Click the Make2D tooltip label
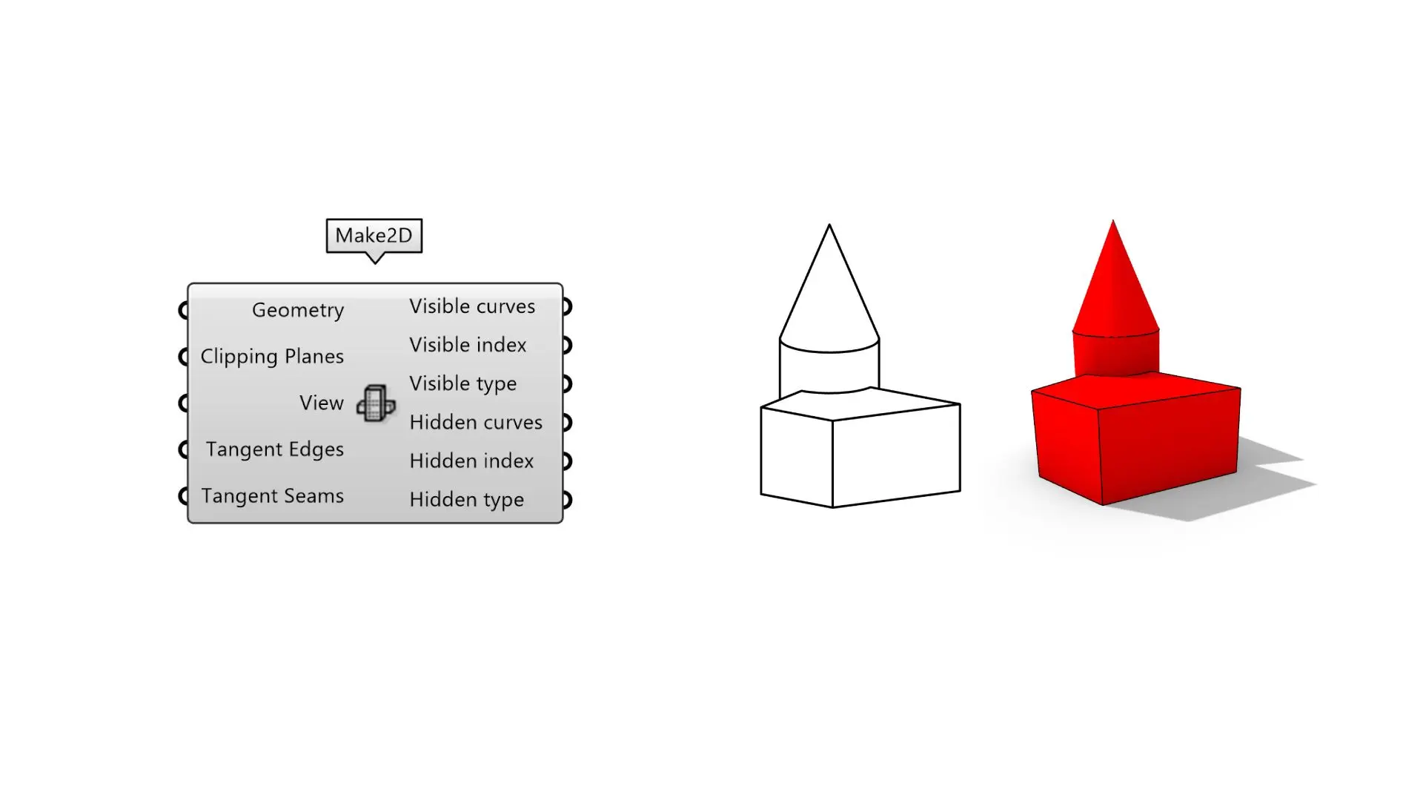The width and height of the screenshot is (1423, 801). click(x=374, y=236)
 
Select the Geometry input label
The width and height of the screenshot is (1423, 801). click(x=298, y=310)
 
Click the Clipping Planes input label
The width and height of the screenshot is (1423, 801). click(x=272, y=357)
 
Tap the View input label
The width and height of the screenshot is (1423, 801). click(x=322, y=403)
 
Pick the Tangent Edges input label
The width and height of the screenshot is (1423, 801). click(x=275, y=449)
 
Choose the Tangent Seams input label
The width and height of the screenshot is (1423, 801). click(x=273, y=495)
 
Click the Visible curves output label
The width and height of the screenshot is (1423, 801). click(x=472, y=306)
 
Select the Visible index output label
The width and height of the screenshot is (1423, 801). click(x=468, y=345)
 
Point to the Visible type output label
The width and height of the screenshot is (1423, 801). click(x=463, y=384)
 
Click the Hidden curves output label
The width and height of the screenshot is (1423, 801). click(x=476, y=422)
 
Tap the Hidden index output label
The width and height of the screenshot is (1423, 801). click(x=471, y=461)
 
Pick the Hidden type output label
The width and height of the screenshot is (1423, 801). click(x=467, y=500)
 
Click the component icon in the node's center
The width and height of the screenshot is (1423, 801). click(x=376, y=403)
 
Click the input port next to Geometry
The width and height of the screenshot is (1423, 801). click(x=184, y=310)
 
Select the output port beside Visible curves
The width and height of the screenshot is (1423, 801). click(x=567, y=306)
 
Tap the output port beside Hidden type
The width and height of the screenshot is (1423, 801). click(x=567, y=499)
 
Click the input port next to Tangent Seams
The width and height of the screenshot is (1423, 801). click(x=184, y=495)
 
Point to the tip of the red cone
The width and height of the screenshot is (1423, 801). click(x=1112, y=220)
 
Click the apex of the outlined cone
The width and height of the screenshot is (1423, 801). click(x=829, y=225)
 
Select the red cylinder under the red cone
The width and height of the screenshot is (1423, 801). click(x=1115, y=355)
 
